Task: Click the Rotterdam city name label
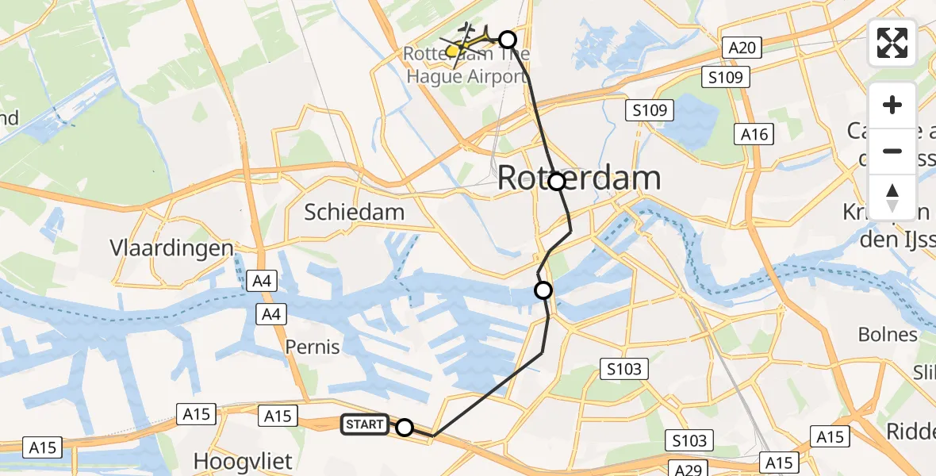579,178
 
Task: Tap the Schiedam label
355,212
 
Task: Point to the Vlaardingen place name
172,248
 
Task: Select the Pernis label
313,347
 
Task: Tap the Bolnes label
888,334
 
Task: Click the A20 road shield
742,48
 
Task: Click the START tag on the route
365,425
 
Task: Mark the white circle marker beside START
405,428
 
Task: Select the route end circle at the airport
507,39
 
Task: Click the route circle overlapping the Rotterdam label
557,182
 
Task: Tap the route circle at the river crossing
543,290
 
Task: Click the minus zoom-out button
892,151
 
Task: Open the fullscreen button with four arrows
892,43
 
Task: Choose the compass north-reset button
892,198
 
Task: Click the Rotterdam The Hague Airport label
466,66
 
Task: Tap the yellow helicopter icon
453,51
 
